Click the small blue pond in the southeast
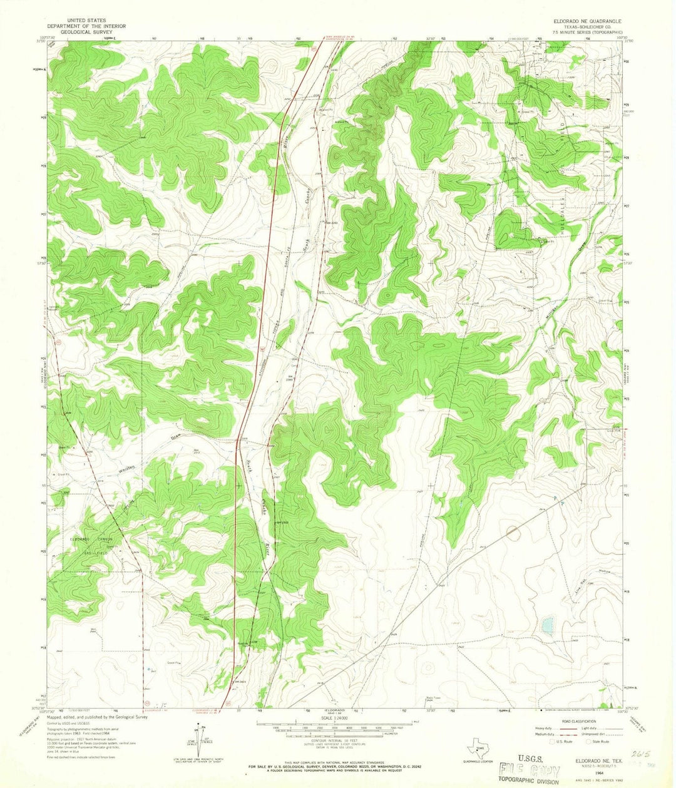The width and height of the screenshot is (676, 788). (x=548, y=624)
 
